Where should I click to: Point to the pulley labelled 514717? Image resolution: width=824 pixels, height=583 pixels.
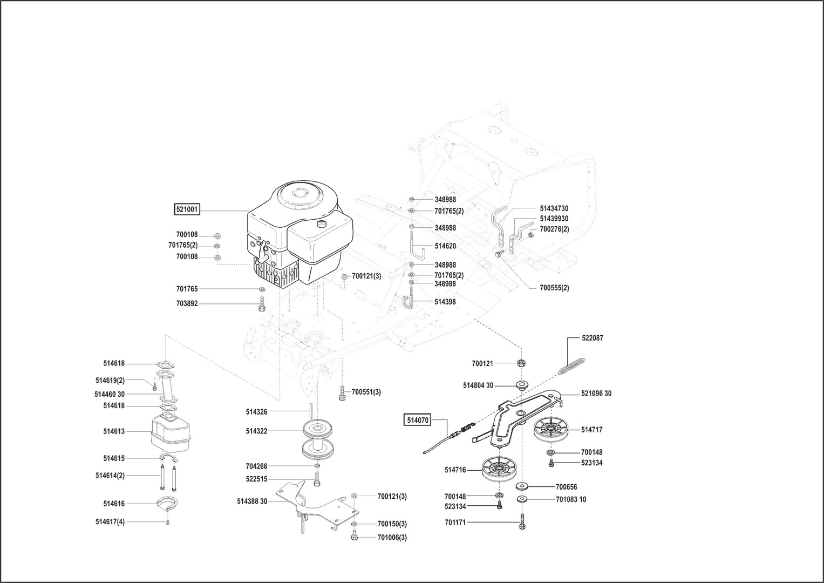click(x=552, y=430)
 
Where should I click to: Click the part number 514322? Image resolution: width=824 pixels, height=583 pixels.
click(x=256, y=431)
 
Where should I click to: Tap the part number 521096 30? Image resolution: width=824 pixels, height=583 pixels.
click(x=596, y=394)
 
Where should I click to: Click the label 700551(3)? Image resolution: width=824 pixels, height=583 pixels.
click(x=366, y=392)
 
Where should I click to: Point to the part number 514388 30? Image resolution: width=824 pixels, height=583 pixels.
click(x=252, y=501)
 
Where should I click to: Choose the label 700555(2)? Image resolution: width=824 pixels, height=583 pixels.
click(x=554, y=288)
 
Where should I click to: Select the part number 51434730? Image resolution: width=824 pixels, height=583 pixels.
click(x=554, y=208)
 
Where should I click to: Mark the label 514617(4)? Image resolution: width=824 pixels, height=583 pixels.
click(x=110, y=522)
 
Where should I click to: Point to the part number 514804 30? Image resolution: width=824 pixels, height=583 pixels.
click(x=478, y=385)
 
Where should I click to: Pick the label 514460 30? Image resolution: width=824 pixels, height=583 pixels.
click(x=110, y=394)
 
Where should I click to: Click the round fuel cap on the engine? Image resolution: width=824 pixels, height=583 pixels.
click(x=322, y=223)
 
